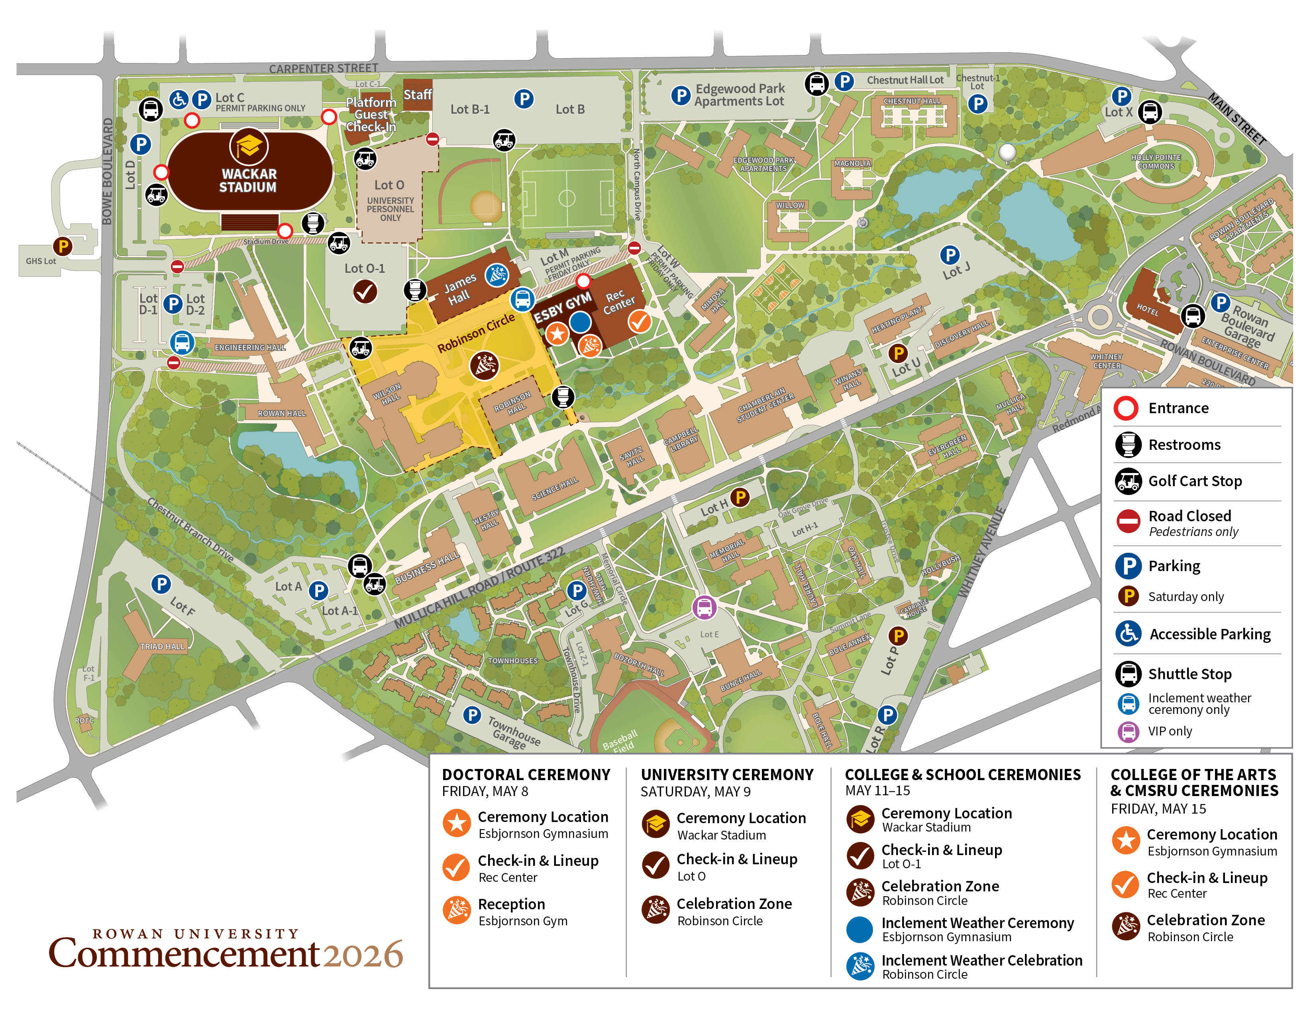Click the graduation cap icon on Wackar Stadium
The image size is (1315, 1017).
pyautogui.click(x=248, y=146)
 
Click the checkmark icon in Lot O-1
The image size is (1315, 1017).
pyautogui.click(x=364, y=292)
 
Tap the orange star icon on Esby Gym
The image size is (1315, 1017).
pyautogui.click(x=557, y=333)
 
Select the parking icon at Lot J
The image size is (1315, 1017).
pyautogui.click(x=950, y=255)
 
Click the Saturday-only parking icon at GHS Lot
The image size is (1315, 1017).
pyautogui.click(x=63, y=246)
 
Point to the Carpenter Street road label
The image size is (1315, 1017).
pyautogui.click(x=323, y=68)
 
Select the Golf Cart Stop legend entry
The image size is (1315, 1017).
pyautogui.click(x=1195, y=481)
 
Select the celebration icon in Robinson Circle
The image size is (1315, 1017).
pyautogui.click(x=484, y=365)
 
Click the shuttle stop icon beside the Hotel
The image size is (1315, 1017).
pyautogui.click(x=1192, y=315)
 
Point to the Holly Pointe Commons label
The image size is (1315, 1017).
pyautogui.click(x=1156, y=162)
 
